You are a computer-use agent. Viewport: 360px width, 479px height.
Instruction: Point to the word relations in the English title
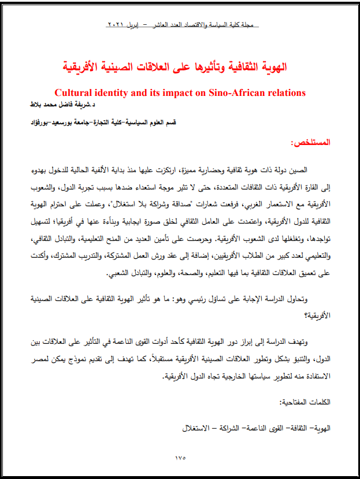click(284, 92)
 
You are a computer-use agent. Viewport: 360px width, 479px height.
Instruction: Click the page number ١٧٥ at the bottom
click(180, 458)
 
